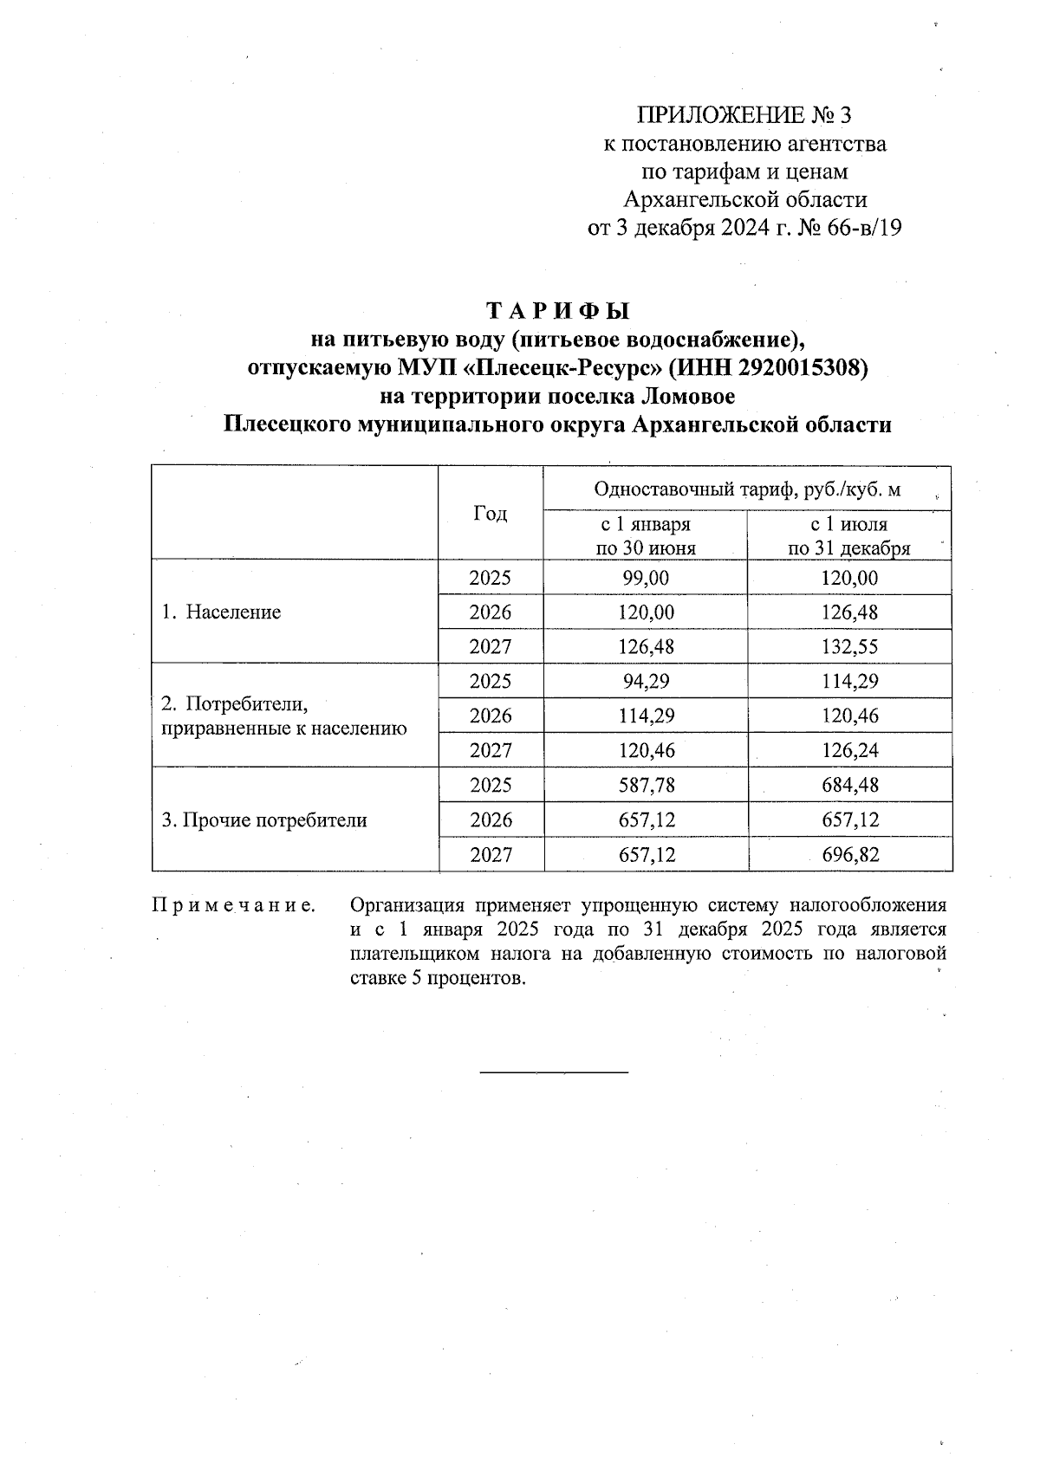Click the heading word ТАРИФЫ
[x=557, y=310]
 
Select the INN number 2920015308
[x=801, y=367]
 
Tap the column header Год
[x=491, y=514]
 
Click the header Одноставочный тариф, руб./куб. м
[x=746, y=489]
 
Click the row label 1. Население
[x=222, y=612]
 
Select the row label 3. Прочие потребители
[x=264, y=820]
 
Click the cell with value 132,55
[x=849, y=647]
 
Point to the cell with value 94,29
[x=646, y=682]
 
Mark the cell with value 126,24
[x=849, y=750]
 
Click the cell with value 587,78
[x=646, y=786]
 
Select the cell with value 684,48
[x=849, y=786]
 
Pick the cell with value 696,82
[x=849, y=855]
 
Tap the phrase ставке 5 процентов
[x=438, y=979]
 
